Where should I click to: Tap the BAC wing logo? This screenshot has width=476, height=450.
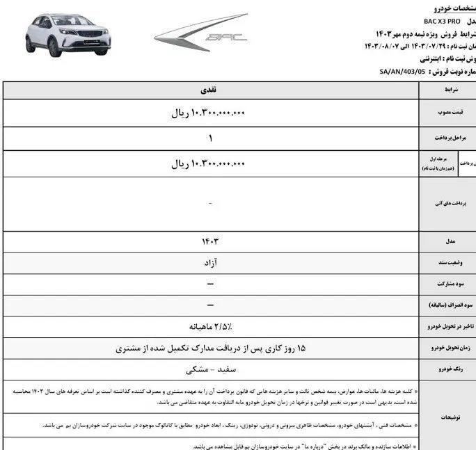click(200, 33)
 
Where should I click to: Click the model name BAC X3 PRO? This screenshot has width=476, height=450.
click(437, 22)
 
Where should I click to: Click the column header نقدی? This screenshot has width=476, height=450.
click(209, 90)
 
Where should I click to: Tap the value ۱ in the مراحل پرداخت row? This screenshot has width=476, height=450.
click(209, 139)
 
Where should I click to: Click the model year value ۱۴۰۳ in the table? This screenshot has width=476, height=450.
click(209, 241)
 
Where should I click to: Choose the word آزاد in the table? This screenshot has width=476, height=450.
click(209, 263)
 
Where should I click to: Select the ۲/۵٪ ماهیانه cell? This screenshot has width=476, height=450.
click(209, 326)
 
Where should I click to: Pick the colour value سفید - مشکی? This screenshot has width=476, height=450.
click(209, 369)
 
